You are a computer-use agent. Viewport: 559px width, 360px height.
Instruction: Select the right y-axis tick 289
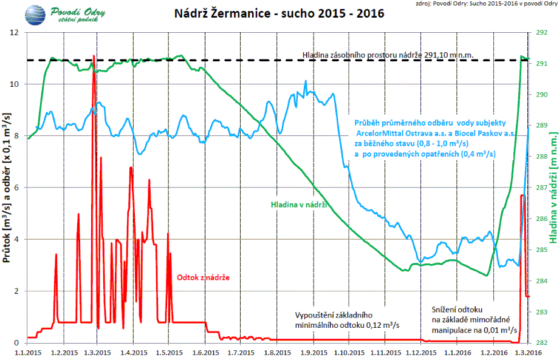click(x=543, y=126)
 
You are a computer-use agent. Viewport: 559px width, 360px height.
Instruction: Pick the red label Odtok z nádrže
click(x=203, y=277)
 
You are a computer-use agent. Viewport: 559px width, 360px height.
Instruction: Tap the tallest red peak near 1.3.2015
click(x=94, y=56)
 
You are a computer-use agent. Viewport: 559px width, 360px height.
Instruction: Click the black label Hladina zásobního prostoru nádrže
click(x=388, y=55)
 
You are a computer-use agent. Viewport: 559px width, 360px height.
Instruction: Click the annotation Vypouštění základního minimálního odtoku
click(x=347, y=320)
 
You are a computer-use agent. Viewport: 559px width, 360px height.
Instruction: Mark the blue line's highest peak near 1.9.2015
click(x=306, y=81)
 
